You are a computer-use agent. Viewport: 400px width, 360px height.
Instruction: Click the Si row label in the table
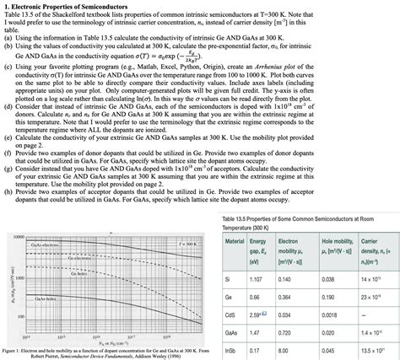coord(228,254)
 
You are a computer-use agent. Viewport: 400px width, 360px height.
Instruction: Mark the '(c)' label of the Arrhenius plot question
coord(8,70)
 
